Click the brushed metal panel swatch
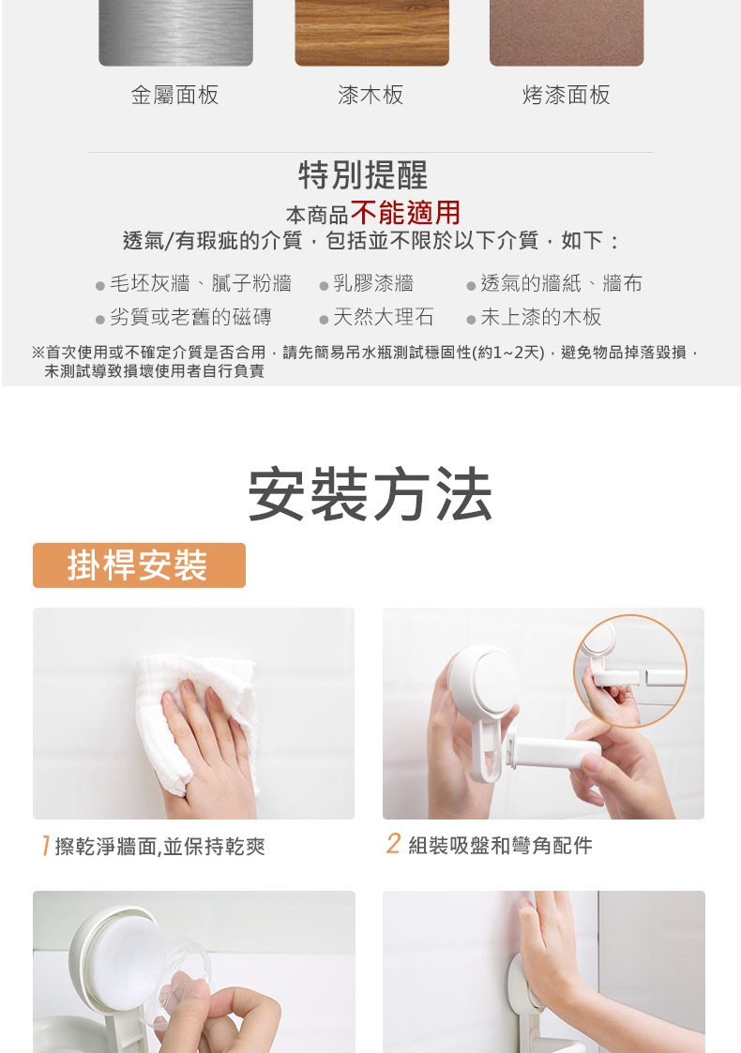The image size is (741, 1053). (175, 33)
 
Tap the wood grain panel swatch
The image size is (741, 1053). (371, 33)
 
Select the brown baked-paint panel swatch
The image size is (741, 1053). (567, 33)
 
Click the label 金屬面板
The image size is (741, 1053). (174, 96)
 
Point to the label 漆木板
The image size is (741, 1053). (370, 96)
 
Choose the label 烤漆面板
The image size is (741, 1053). (567, 96)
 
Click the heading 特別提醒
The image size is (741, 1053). (363, 175)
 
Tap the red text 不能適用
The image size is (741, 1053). (405, 213)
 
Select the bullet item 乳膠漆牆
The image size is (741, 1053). (373, 283)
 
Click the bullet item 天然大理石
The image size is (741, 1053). (384, 317)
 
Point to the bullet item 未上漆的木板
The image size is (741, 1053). (541, 317)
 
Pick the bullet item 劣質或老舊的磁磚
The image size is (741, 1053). (190, 317)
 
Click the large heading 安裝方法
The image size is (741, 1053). (370, 495)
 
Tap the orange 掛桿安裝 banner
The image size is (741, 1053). (139, 565)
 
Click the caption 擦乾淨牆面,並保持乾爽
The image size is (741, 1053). (159, 846)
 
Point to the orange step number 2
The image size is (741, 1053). (393, 844)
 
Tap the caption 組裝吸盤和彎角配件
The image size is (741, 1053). (501, 846)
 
